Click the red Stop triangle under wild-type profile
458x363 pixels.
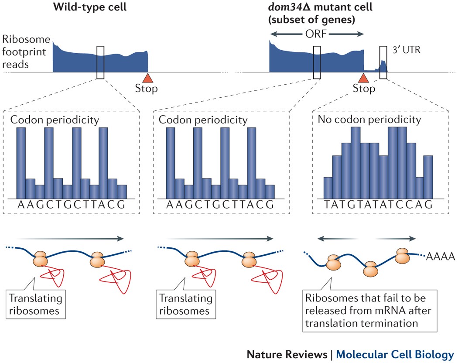[148, 78]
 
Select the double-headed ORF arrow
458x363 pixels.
[317, 34]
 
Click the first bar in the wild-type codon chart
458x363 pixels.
[21, 163]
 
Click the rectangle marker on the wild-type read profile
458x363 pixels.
[101, 62]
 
